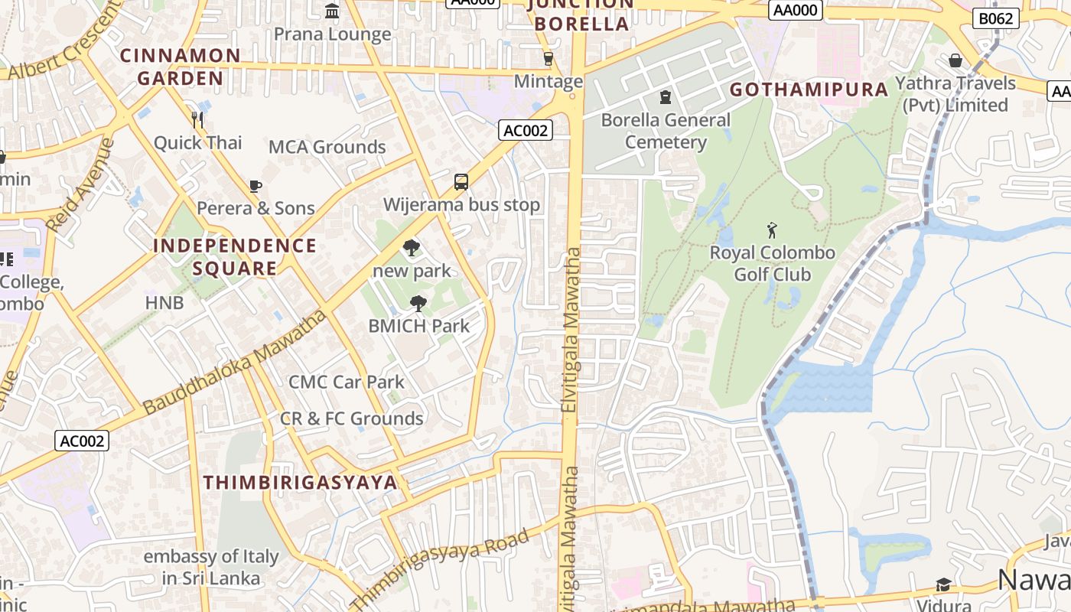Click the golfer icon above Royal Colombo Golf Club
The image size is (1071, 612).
(x=772, y=229)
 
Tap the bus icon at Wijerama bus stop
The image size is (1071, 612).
(x=461, y=182)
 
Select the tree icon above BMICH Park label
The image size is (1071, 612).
(x=418, y=304)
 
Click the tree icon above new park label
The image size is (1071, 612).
(x=412, y=248)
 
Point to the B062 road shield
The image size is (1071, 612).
(x=996, y=18)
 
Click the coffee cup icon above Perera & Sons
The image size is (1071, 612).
(x=256, y=186)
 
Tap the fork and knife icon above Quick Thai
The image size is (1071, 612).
(x=197, y=119)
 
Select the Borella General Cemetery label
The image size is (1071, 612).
(x=666, y=131)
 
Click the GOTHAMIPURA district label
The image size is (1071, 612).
(x=809, y=90)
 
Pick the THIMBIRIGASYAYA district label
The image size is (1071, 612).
(x=301, y=482)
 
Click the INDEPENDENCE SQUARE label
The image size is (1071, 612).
(x=235, y=257)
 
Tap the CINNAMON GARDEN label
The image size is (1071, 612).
(x=181, y=67)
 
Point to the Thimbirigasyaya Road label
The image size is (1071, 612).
(x=441, y=566)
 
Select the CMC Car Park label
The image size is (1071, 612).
(x=346, y=382)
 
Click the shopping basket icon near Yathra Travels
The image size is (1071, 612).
(x=955, y=60)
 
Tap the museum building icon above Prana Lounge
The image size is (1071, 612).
(x=332, y=11)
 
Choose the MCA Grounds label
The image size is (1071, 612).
(x=327, y=147)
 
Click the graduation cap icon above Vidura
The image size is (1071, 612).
(x=943, y=585)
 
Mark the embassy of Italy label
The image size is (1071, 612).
(x=211, y=567)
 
